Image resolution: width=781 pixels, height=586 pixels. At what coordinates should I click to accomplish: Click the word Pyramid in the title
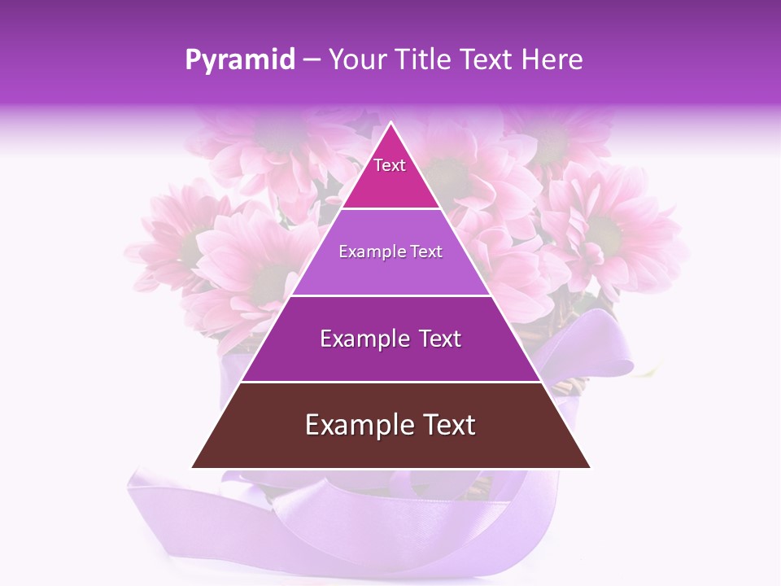pos(240,60)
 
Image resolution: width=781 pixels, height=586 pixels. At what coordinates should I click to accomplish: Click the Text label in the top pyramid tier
pos(390,165)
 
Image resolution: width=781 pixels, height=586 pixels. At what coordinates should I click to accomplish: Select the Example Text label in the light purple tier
pos(390,251)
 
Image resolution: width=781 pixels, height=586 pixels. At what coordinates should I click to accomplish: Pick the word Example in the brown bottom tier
pos(357,425)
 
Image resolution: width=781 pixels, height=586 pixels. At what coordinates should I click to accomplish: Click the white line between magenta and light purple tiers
pos(391,209)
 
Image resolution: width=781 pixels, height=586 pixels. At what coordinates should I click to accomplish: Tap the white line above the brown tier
pos(391,382)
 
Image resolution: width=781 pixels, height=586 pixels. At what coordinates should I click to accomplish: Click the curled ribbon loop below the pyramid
pos(325,521)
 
